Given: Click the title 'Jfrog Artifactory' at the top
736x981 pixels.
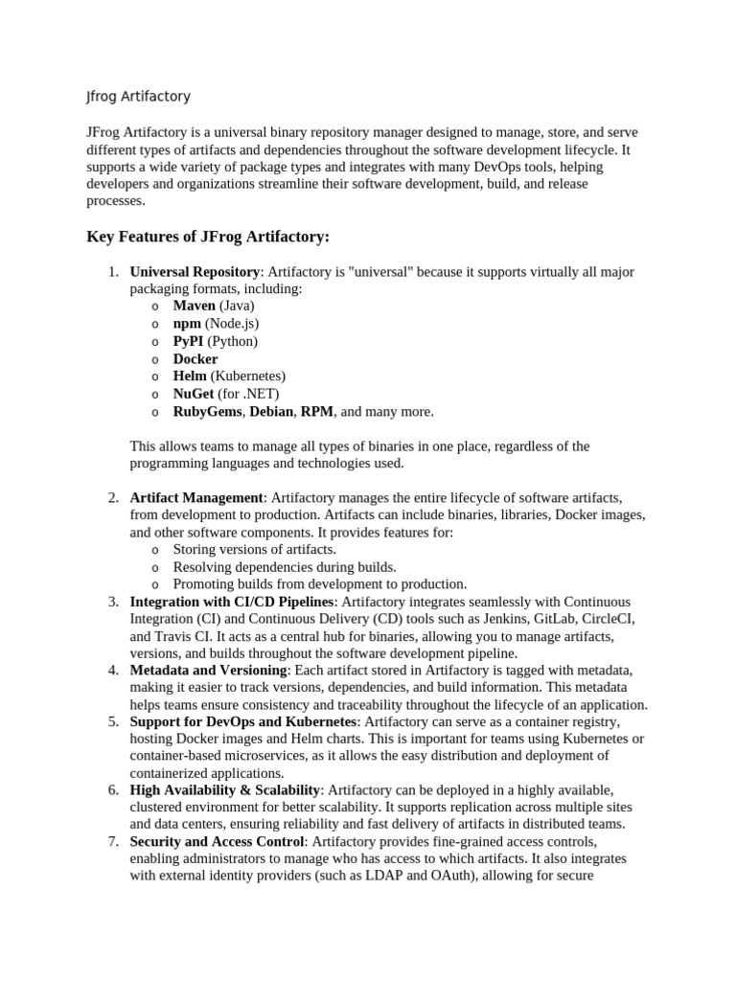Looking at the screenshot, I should pos(138,97).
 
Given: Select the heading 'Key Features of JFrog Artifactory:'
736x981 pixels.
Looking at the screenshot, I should pos(208,237).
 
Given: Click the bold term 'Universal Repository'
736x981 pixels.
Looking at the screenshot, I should pos(195,272).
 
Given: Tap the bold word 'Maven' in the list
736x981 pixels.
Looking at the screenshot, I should pos(194,306).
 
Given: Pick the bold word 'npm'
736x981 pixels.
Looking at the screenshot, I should pos(187,324).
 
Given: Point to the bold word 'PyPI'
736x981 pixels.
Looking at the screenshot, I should pos(189,341).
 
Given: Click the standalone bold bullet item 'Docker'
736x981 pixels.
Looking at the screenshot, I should pos(195,358).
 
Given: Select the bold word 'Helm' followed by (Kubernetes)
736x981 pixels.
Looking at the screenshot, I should pos(190,376).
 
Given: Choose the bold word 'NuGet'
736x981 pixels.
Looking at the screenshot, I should pos(194,394).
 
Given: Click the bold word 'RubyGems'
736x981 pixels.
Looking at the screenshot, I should pos(207,412).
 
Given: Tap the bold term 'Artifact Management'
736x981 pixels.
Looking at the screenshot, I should pos(196,498).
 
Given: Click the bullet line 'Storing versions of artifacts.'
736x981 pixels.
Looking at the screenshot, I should pos(254,550).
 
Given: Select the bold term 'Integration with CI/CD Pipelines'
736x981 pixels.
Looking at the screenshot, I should pos(232,602).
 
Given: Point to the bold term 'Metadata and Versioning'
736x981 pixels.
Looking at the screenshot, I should pos(208,671).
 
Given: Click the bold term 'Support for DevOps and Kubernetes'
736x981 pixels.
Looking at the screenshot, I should pos(243,721).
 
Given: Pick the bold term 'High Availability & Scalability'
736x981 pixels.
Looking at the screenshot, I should pos(225,789).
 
